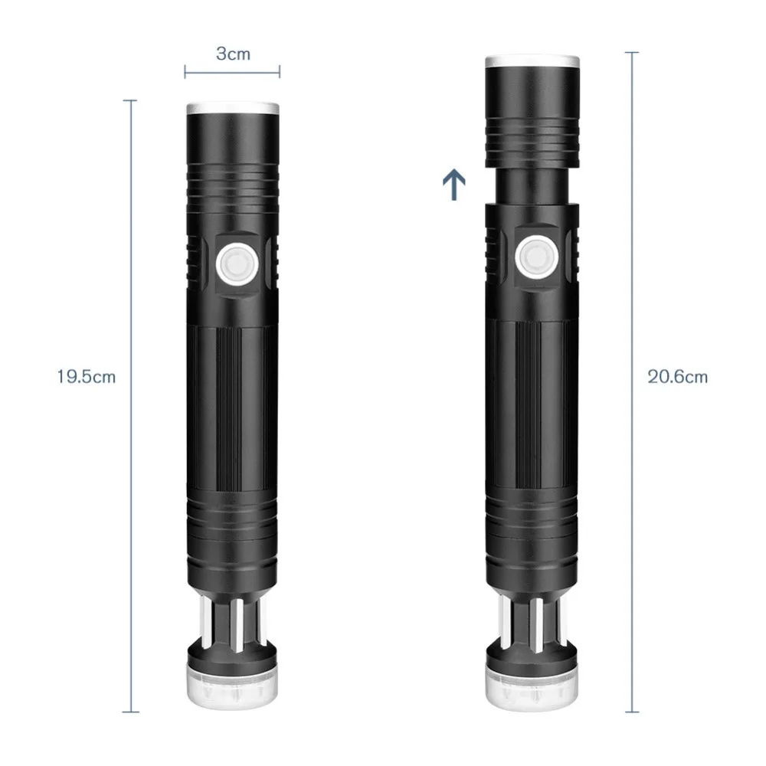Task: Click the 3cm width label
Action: click(x=233, y=54)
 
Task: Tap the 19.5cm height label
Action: click(x=87, y=377)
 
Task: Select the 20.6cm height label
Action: click(x=678, y=377)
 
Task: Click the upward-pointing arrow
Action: click(x=453, y=185)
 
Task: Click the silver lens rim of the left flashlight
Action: click(x=233, y=108)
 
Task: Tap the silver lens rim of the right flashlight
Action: click(x=532, y=61)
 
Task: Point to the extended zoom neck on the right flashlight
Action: click(x=532, y=185)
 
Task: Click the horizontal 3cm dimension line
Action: click(x=232, y=72)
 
